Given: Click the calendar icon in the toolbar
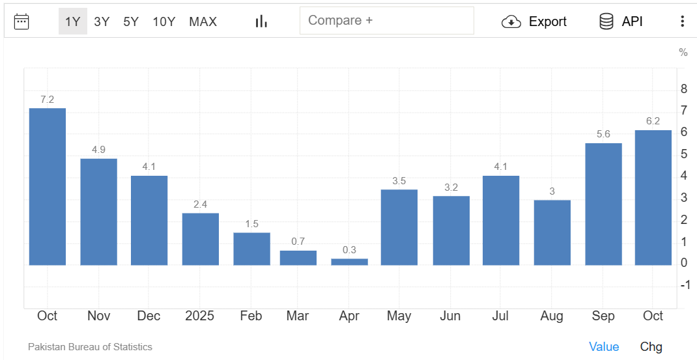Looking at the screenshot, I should click(x=21, y=21).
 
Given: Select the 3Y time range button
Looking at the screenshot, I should click(x=102, y=21).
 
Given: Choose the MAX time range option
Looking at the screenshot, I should click(x=203, y=21).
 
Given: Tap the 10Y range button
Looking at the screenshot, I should click(x=164, y=21).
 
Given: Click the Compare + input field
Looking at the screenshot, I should click(x=386, y=21).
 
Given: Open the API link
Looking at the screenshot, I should click(x=621, y=21).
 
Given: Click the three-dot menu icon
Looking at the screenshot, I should click(x=682, y=21).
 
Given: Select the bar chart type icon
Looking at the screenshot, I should click(x=261, y=21).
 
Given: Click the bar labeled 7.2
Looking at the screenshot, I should click(x=48, y=186).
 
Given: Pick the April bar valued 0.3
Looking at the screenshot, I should click(x=349, y=262).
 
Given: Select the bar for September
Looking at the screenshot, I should click(x=603, y=204).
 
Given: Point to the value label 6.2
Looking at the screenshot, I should click(x=653, y=120).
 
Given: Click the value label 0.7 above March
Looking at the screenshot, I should click(x=298, y=241).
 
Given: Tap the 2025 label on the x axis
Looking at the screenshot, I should click(x=199, y=316).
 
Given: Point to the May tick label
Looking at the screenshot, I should click(x=399, y=316).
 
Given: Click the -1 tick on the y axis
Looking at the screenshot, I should click(x=685, y=284).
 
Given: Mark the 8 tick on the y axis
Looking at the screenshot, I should click(x=683, y=89).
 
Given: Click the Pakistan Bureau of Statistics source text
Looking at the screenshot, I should click(x=90, y=347).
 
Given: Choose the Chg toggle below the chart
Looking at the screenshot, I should click(x=651, y=347).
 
